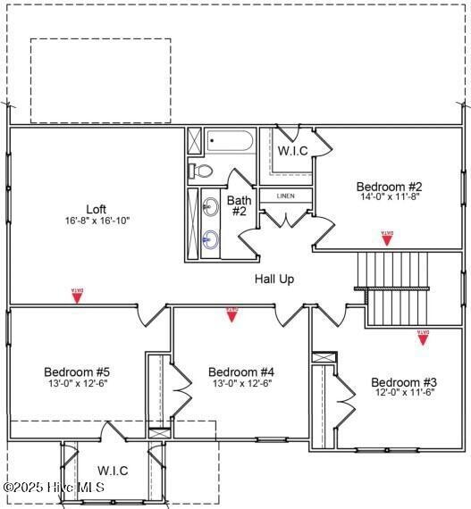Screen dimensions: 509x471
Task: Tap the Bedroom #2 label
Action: tap(389, 186)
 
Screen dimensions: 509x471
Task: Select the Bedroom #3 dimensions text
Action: tap(403, 392)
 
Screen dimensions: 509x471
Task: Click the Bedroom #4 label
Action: tap(240, 371)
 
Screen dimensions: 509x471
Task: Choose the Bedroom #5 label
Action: tap(77, 371)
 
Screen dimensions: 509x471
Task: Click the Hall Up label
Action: tap(274, 279)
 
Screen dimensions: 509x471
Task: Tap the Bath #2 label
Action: tap(240, 205)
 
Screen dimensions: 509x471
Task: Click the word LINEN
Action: tap(285, 196)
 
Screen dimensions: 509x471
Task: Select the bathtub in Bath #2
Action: tap(231, 142)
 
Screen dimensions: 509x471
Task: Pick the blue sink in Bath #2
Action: tap(211, 238)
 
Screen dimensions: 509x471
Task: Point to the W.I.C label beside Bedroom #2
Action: tap(292, 151)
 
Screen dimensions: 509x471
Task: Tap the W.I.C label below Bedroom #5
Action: tap(113, 471)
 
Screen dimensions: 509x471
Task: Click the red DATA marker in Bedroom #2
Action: tap(387, 238)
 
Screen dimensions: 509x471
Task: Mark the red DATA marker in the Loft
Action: tap(77, 295)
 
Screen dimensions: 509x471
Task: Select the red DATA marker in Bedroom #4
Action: tap(232, 313)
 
